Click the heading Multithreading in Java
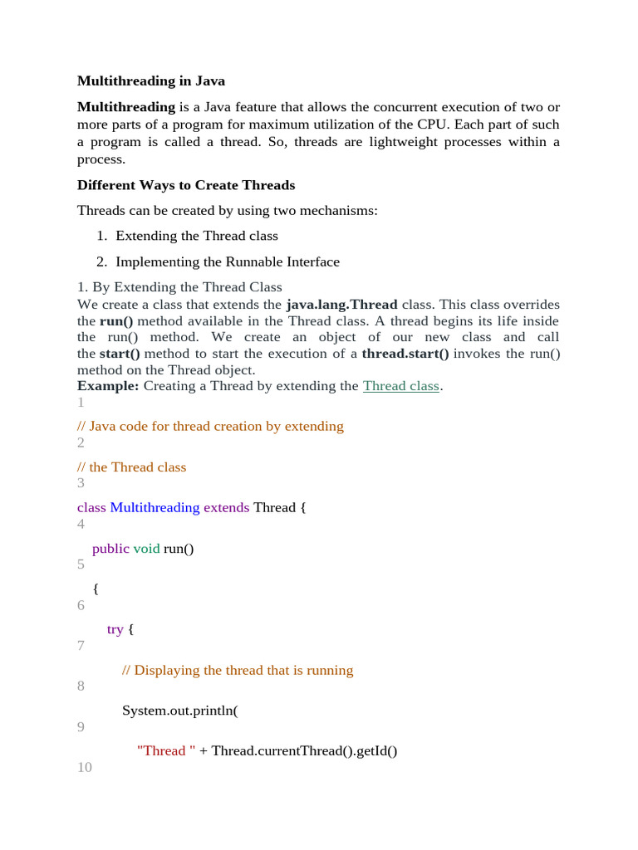[x=151, y=81]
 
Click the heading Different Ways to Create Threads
[x=186, y=185]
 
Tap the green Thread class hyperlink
[x=401, y=386]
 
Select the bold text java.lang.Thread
[x=341, y=305]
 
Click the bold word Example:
[x=109, y=386]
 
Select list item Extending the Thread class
[x=197, y=236]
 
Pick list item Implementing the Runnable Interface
[x=228, y=262]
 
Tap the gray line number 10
[x=85, y=768]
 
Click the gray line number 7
[x=81, y=646]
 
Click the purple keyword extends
[x=226, y=507]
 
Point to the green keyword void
[x=146, y=548]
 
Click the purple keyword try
[x=115, y=629]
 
